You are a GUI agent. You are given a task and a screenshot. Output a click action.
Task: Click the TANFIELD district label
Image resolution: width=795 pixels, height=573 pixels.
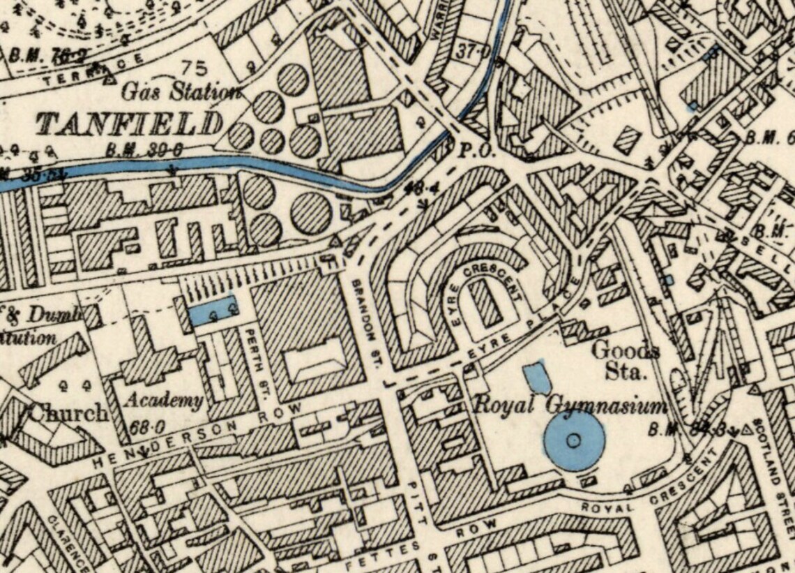click(x=130, y=124)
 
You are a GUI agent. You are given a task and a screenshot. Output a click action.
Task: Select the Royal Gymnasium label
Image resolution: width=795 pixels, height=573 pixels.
click(x=568, y=405)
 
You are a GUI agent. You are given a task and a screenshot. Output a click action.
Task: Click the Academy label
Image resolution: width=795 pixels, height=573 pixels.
click(x=165, y=401)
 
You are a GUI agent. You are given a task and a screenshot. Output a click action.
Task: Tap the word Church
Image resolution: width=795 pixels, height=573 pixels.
click(x=68, y=413)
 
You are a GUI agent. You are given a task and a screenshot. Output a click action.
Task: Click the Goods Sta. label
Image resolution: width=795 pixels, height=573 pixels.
click(x=626, y=359)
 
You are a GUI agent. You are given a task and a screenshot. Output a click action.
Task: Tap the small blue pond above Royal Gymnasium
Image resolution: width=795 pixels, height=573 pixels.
click(x=536, y=377)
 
